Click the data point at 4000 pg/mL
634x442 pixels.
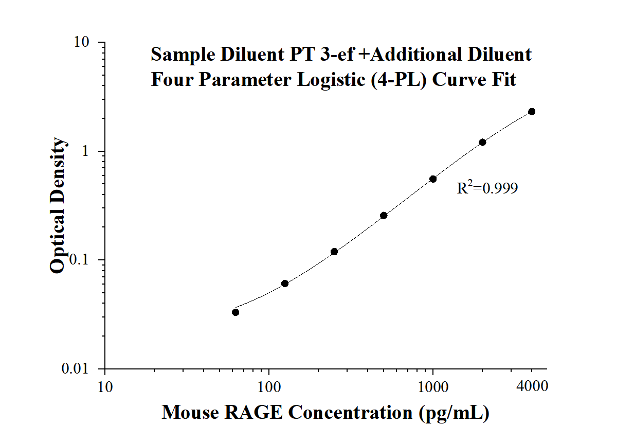click(x=532, y=112)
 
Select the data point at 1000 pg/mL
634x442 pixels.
click(x=433, y=179)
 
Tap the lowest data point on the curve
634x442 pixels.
click(x=236, y=312)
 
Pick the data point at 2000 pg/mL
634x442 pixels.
click(x=482, y=142)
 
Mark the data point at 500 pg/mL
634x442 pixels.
click(x=384, y=216)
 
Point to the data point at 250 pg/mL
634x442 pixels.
click(x=334, y=252)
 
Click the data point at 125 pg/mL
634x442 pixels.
click(x=285, y=284)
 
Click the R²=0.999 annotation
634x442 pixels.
click(x=487, y=188)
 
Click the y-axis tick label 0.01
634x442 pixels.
click(x=80, y=369)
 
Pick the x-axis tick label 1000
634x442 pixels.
click(x=433, y=385)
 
